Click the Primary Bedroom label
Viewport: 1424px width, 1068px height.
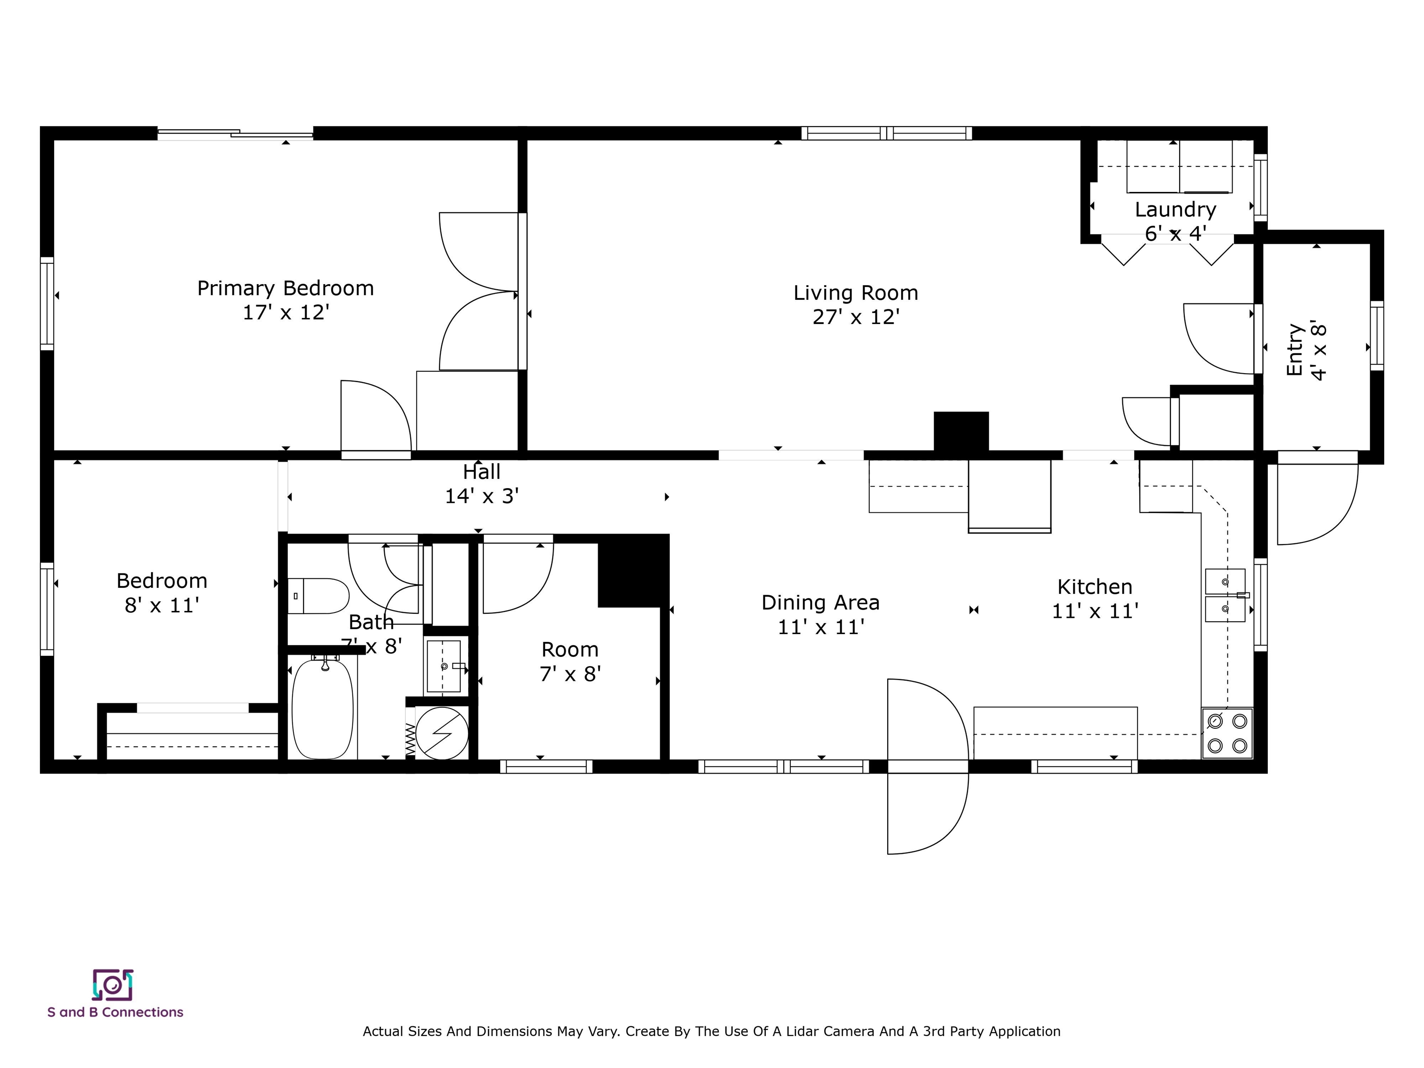[x=285, y=288]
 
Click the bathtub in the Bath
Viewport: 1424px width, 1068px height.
[x=323, y=709]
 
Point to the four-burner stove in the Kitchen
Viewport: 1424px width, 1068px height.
[x=1227, y=733]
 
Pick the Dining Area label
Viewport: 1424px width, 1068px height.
[x=820, y=603]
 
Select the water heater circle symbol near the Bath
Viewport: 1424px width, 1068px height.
[x=442, y=733]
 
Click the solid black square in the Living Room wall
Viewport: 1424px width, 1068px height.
[x=960, y=431]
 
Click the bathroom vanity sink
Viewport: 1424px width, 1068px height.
[x=444, y=666]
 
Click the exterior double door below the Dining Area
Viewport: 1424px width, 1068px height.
[x=927, y=766]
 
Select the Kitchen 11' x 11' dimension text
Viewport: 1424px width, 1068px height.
[x=1095, y=611]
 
